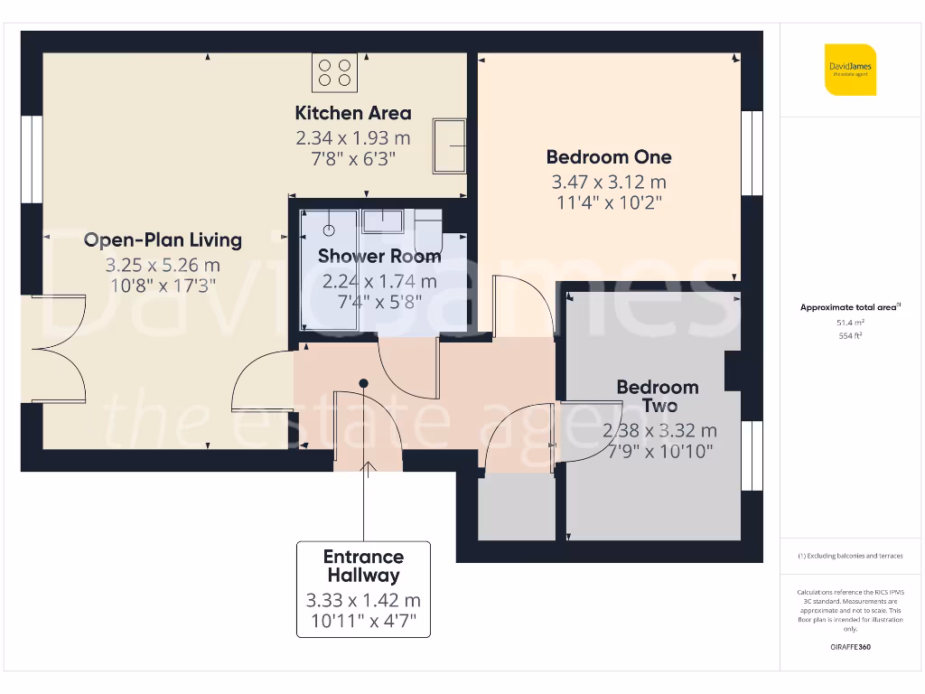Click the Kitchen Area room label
click(353, 113)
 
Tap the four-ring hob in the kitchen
click(333, 72)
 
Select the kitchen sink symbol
click(449, 145)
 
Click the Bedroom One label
click(608, 156)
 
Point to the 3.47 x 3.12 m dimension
click(608, 182)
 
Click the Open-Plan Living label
click(163, 239)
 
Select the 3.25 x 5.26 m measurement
click(163, 266)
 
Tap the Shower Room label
click(379, 257)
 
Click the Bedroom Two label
click(658, 396)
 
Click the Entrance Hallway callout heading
click(363, 566)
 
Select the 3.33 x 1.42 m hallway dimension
click(363, 600)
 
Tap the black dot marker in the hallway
click(363, 383)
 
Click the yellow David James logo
click(850, 70)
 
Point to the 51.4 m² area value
click(849, 322)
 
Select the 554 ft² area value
click(849, 335)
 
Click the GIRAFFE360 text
click(849, 647)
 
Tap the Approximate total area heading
click(849, 307)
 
